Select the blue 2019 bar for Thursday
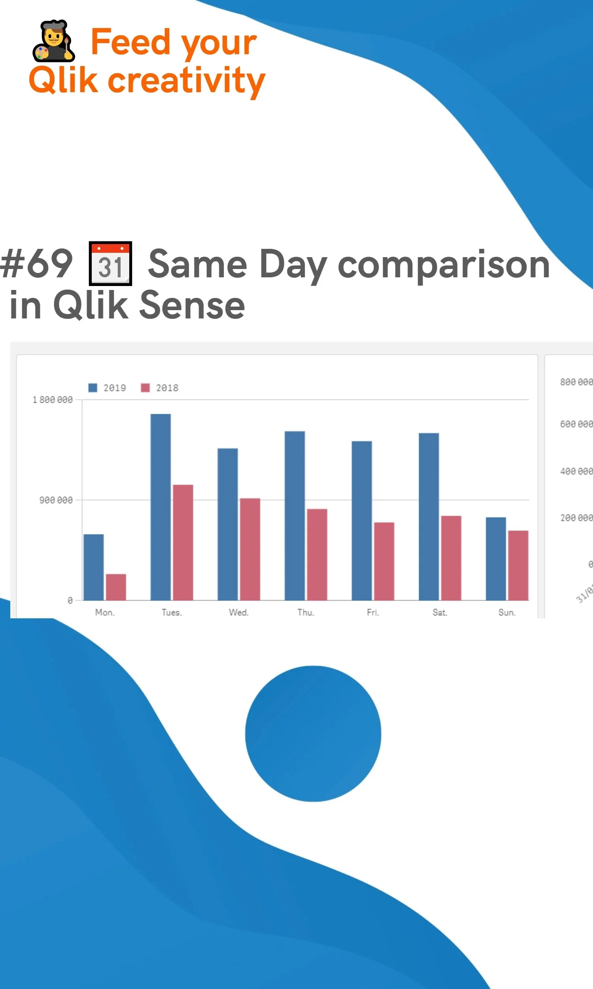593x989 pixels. [x=295, y=515]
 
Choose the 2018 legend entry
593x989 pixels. [x=160, y=388]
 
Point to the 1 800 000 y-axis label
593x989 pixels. [x=52, y=400]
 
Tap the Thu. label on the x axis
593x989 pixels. [x=306, y=612]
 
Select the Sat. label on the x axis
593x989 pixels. [x=440, y=612]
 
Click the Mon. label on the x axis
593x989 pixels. [x=105, y=612]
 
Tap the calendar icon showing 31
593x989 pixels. [x=110, y=263]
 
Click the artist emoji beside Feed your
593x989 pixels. [x=53, y=41]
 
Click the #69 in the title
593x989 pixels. [x=36, y=264]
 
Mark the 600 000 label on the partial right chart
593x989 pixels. [x=576, y=424]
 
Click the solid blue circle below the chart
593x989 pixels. [x=313, y=733]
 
